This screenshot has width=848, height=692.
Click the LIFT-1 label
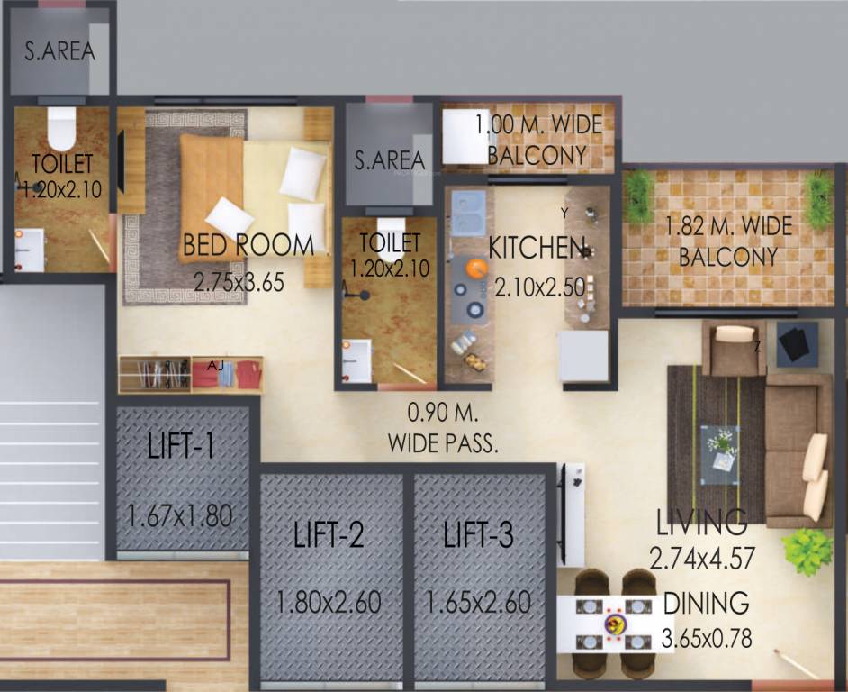tap(182, 445)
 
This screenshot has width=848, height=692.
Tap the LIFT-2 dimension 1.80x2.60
tap(330, 601)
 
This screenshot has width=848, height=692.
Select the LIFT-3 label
tap(478, 535)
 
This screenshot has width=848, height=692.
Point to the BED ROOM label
tap(248, 244)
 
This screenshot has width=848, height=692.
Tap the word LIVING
tap(701, 521)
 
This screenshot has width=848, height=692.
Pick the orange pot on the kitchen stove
tap(475, 267)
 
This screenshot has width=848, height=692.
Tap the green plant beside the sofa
tap(807, 549)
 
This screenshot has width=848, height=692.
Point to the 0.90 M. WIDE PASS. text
tap(443, 429)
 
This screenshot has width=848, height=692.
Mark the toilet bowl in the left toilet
tap(61, 131)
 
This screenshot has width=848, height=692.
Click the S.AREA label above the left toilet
tap(59, 51)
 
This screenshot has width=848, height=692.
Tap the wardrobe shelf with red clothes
tap(226, 373)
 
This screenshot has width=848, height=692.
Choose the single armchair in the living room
tap(733, 347)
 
